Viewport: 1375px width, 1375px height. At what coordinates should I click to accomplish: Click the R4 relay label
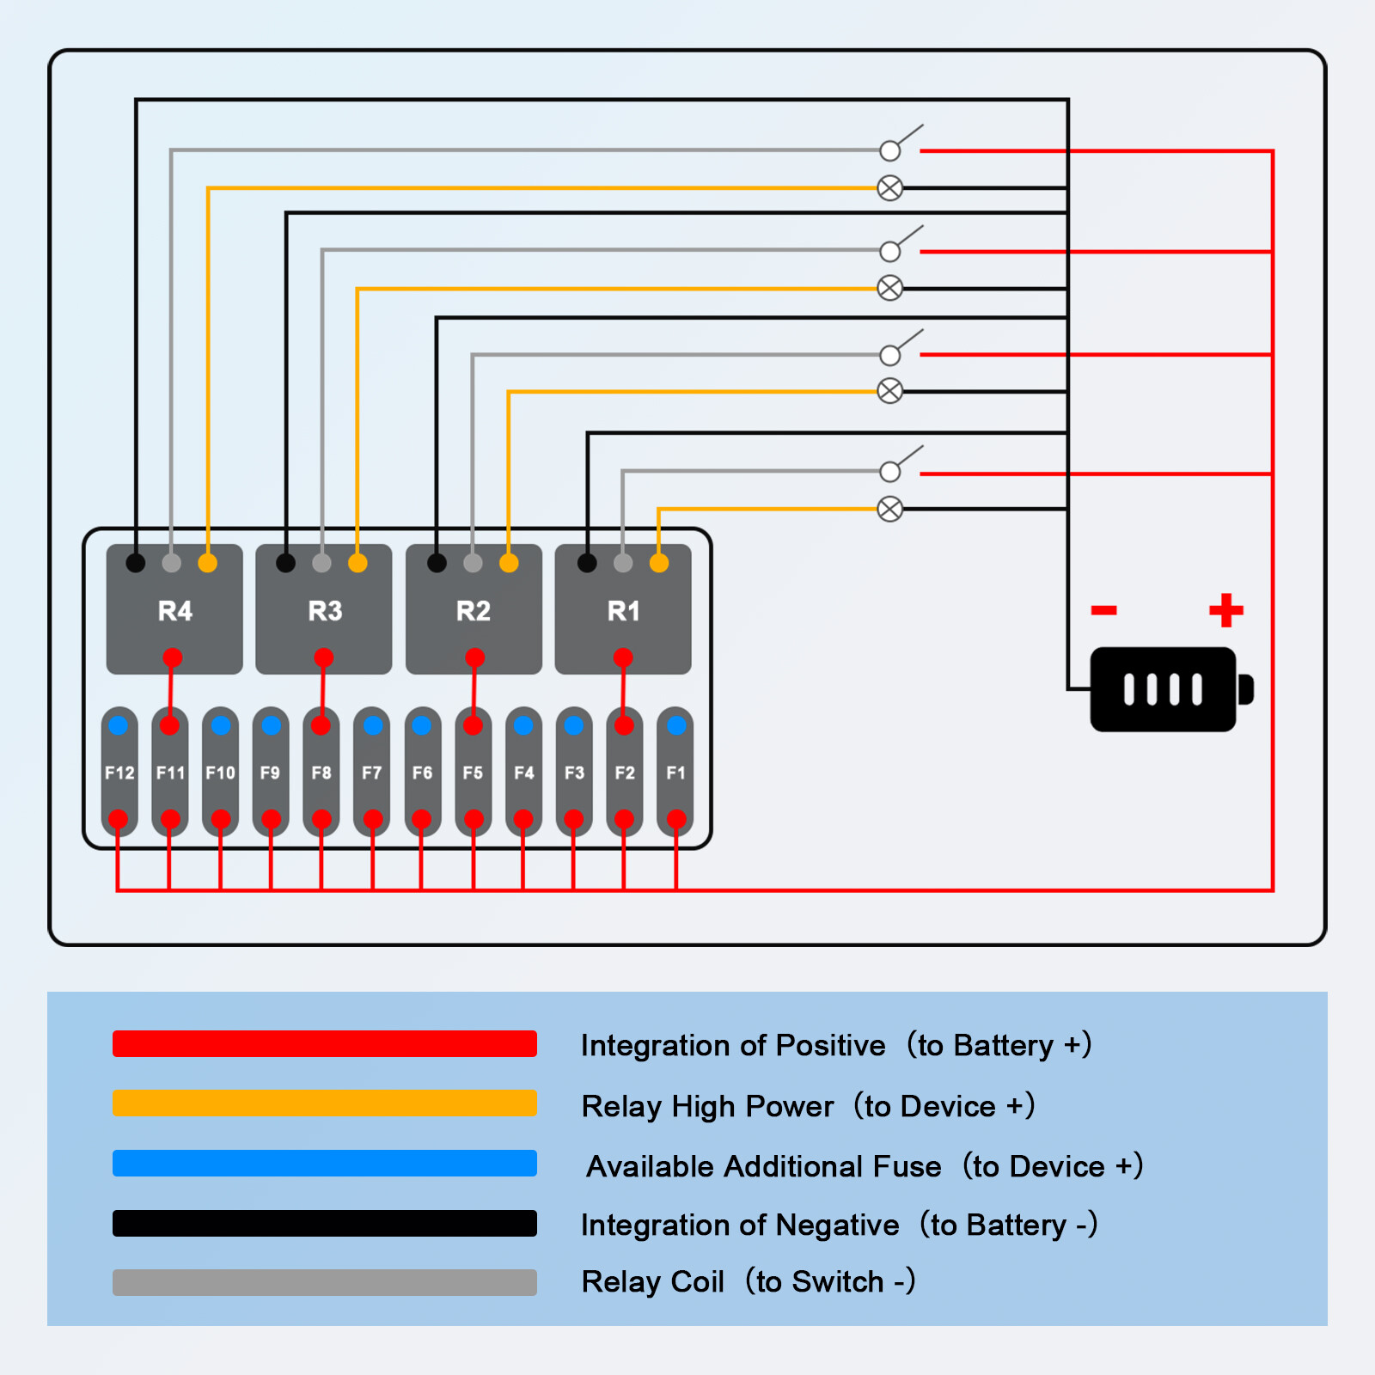[175, 611]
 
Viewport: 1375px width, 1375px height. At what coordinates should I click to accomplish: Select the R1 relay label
[624, 611]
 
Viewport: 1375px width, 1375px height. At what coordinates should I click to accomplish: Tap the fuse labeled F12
[119, 773]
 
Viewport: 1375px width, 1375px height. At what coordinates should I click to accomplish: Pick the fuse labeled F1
[676, 773]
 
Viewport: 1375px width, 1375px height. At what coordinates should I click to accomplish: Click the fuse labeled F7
[372, 773]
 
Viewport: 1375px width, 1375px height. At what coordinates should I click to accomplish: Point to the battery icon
[1164, 689]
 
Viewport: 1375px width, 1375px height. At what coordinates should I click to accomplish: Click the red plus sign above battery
[1226, 610]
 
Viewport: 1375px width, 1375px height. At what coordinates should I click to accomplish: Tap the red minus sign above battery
[1103, 610]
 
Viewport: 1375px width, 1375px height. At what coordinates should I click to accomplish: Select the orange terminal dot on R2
[509, 563]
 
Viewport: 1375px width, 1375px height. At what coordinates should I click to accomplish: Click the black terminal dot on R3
[286, 563]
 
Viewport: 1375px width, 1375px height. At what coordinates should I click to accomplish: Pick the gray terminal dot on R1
[623, 563]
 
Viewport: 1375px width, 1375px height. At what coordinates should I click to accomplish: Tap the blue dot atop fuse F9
[272, 725]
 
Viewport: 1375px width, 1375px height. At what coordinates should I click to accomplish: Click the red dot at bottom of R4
[173, 658]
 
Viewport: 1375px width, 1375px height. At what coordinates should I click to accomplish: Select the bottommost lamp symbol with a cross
[890, 509]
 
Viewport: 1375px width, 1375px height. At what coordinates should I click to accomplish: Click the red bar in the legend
[325, 1043]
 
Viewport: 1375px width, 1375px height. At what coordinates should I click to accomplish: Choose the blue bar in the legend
[325, 1163]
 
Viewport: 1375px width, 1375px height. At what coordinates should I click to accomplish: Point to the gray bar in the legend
[325, 1282]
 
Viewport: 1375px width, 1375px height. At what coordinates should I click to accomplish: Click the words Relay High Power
[707, 1106]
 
